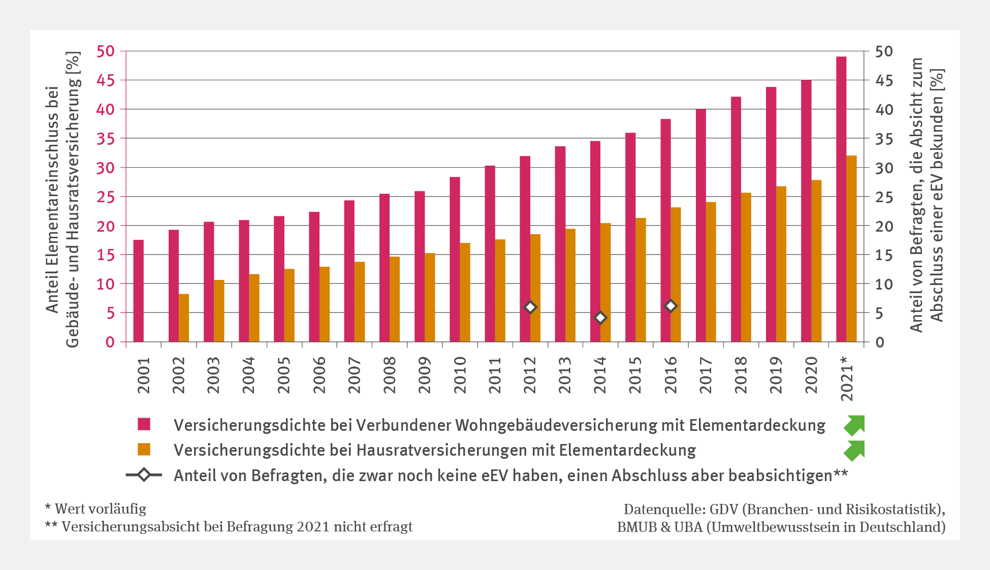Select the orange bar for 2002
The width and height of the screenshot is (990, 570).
point(184,318)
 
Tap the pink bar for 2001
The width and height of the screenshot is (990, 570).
point(139,291)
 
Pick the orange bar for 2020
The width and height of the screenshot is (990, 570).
point(816,261)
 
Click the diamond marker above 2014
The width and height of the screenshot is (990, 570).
point(600,318)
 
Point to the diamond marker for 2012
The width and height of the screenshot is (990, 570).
point(530,307)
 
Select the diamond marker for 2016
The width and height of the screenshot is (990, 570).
point(670,306)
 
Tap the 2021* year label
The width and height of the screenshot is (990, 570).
point(846,378)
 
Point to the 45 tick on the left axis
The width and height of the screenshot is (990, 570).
point(106,80)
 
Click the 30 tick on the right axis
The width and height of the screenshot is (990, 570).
point(884,168)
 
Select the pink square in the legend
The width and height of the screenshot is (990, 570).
point(144,424)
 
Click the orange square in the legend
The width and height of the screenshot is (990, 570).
point(144,450)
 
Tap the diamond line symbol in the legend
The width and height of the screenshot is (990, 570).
point(144,475)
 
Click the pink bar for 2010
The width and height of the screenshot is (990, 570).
point(455,259)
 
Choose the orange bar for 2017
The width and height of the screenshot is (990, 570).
point(711,272)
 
